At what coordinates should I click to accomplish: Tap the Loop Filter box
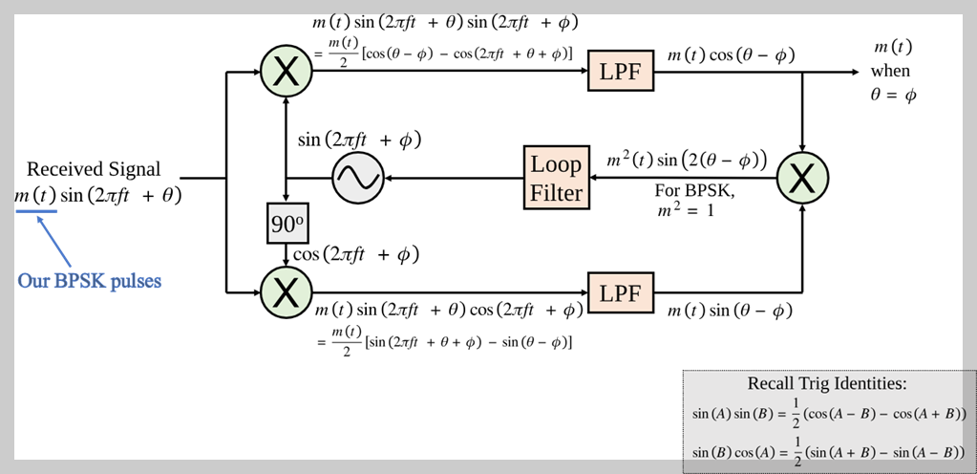click(x=557, y=179)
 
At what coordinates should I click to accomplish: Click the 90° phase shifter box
click(x=286, y=226)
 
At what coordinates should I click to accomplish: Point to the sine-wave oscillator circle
click(x=356, y=179)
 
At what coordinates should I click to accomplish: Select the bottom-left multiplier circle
click(x=286, y=291)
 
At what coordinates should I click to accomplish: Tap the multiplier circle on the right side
click(x=802, y=179)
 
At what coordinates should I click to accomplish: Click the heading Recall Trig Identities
click(x=826, y=384)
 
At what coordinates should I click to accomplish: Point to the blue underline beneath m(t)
click(x=35, y=212)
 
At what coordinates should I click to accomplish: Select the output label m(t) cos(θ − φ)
click(x=732, y=56)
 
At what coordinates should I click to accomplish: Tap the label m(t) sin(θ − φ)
click(x=731, y=311)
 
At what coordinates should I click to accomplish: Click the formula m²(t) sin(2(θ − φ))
click(x=687, y=161)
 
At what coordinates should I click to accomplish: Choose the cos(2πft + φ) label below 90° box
click(x=356, y=254)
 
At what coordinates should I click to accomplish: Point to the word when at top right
click(x=890, y=71)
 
